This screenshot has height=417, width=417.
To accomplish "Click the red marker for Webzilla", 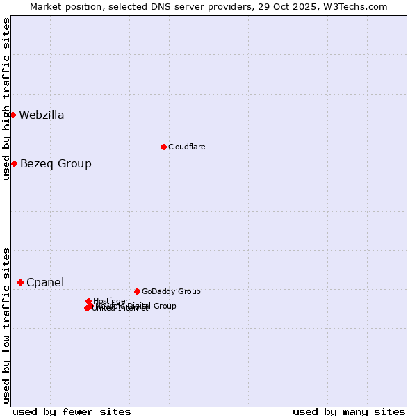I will click(x=13, y=115).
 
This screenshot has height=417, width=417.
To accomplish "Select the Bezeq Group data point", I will click(x=14, y=163).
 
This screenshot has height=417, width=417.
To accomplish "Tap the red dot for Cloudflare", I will click(x=163, y=147).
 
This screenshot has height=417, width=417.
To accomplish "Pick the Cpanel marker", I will click(x=21, y=282).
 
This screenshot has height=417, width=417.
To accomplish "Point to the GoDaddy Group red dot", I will click(x=137, y=291).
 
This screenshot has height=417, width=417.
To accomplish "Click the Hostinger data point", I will click(x=89, y=301).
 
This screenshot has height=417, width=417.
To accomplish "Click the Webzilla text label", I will click(x=42, y=115).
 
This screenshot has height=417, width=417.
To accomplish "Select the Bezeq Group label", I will click(x=56, y=163).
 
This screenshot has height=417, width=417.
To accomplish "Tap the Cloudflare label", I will click(x=186, y=147).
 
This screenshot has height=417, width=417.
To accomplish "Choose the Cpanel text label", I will click(x=45, y=282).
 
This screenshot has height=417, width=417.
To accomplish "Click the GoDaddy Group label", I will click(x=171, y=291).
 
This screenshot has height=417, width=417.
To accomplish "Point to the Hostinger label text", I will click(x=111, y=300).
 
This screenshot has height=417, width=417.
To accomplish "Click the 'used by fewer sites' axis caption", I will click(x=72, y=411).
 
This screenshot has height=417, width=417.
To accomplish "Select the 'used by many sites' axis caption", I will click(x=349, y=411).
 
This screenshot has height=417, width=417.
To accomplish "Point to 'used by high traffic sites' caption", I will click(x=6, y=99).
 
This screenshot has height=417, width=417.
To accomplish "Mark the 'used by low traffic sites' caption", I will click(x=6, y=325).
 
